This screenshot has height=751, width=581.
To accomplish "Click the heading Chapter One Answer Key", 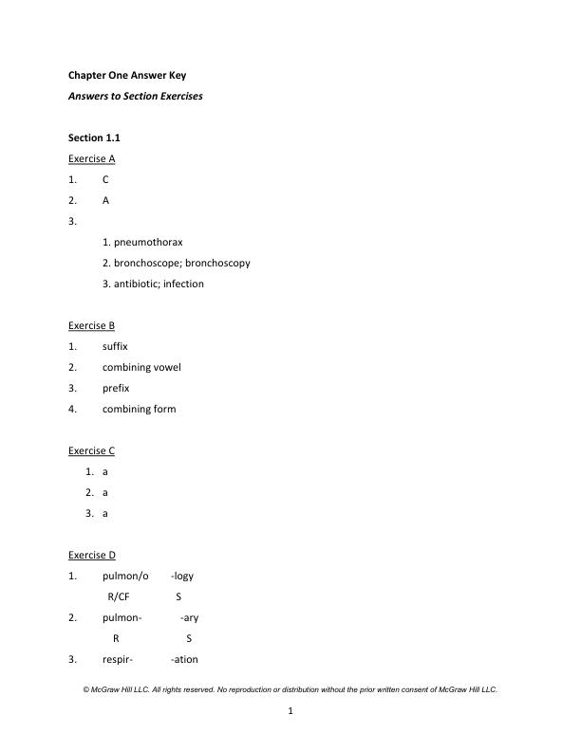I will [x=134, y=75].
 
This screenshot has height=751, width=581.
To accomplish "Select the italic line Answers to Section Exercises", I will [x=135, y=96].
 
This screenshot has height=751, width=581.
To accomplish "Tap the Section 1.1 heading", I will [x=94, y=137].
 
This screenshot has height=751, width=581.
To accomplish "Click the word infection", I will [x=183, y=284].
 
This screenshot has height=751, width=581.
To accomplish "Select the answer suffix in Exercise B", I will [x=115, y=346].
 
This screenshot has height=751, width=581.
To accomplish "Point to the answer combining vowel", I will [x=141, y=367].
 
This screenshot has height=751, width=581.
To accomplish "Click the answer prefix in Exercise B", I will [x=116, y=388].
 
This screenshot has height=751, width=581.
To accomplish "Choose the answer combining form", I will [x=139, y=409].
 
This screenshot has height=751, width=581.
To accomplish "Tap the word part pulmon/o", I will [x=125, y=576].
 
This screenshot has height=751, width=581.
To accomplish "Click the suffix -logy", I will [x=182, y=576].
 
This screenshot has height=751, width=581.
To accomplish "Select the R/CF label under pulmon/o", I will [x=119, y=596].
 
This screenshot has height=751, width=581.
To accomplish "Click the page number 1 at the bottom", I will [x=290, y=711].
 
